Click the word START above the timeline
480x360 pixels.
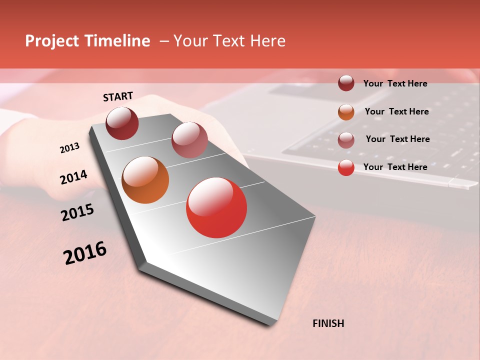click(118, 96)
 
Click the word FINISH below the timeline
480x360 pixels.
click(328, 323)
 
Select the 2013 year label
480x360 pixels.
click(70, 148)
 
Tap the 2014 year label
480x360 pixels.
click(74, 177)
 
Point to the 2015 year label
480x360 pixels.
click(77, 212)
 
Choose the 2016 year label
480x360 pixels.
click(85, 253)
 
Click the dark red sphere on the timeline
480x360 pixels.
click(122, 123)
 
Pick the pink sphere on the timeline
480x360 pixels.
click(189, 140)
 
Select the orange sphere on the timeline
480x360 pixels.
click(145, 180)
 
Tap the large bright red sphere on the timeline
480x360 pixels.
click(216, 207)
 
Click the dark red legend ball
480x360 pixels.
click(346, 83)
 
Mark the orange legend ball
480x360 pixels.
click(346, 111)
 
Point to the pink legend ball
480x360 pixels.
click(346, 139)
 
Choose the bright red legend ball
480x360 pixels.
click(346, 167)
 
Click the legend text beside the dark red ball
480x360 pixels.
click(395, 83)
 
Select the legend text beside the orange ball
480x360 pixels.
click(396, 111)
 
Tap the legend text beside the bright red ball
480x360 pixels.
click(395, 167)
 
